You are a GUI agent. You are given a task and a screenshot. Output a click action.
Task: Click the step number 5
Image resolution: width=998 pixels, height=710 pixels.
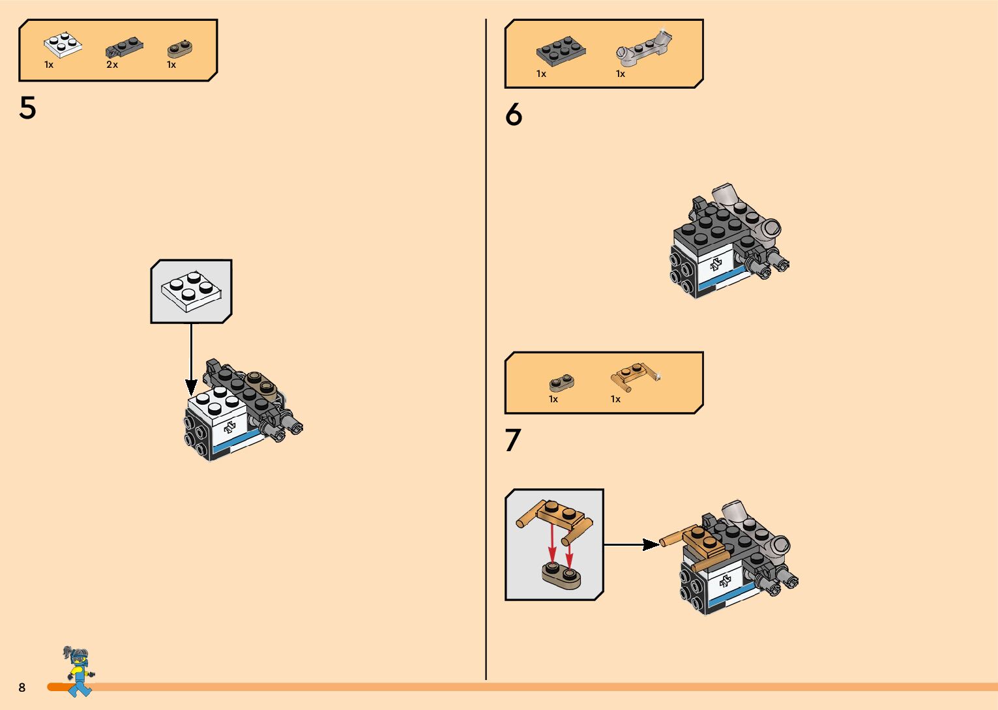[27, 108]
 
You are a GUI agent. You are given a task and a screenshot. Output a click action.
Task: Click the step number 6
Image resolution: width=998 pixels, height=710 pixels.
[514, 115]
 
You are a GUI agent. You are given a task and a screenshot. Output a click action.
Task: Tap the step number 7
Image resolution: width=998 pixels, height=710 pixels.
[513, 440]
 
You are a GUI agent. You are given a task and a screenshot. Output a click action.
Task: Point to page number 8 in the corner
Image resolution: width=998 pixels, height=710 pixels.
[22, 687]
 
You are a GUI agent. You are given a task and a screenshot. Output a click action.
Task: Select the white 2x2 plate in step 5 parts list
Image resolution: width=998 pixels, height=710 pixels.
[63, 44]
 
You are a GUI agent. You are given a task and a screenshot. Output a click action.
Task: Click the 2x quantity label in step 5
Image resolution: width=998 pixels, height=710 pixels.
[112, 65]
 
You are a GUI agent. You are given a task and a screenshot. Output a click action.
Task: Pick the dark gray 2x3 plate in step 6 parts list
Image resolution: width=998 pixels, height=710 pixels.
[560, 51]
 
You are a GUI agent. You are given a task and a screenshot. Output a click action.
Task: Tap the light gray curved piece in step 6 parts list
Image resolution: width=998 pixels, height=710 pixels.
[644, 48]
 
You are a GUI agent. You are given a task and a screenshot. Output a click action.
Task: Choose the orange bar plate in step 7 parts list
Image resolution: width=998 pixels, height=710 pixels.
[634, 376]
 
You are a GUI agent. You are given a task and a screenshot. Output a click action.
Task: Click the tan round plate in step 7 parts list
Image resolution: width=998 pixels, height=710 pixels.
[561, 382]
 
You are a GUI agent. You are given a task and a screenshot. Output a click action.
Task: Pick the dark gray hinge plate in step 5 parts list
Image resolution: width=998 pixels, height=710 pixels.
[124, 47]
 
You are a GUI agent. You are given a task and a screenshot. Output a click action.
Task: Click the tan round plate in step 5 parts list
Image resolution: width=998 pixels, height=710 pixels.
[179, 48]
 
